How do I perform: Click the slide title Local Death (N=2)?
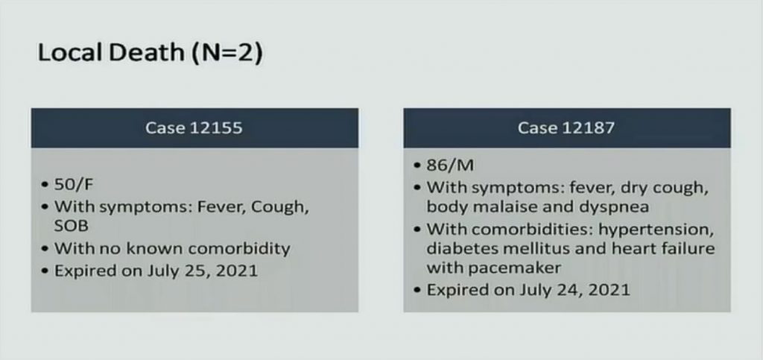tap(150, 52)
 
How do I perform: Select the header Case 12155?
tap(194, 127)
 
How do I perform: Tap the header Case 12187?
tap(566, 127)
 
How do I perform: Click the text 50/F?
tap(74, 185)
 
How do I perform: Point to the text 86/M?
tap(450, 165)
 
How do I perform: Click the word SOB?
tap(71, 226)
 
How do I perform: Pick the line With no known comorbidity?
tap(172, 248)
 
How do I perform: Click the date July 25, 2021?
tap(203, 271)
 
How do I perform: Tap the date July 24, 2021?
tap(574, 290)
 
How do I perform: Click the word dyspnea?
tap(614, 207)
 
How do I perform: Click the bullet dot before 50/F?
tap(45, 186)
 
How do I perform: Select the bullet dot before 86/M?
tap(417, 166)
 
